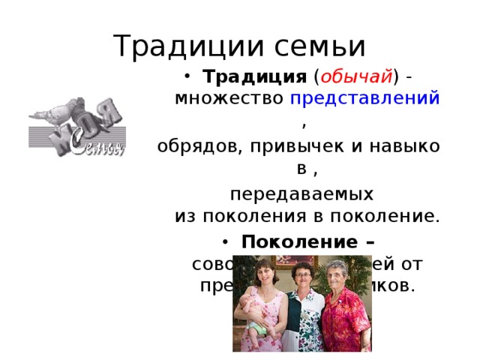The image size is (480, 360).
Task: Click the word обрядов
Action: (195, 145)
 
